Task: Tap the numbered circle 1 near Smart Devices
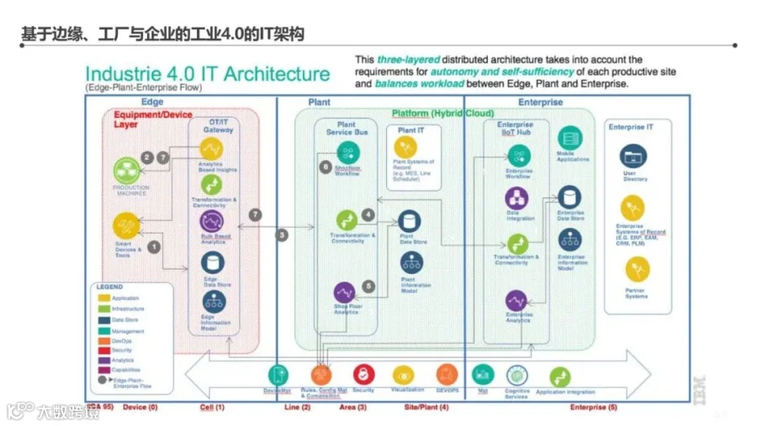[154, 246]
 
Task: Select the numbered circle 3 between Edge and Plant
[283, 234]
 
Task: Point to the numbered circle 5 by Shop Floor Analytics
[368, 286]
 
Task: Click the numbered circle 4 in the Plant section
[368, 216]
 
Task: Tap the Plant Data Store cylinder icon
[410, 222]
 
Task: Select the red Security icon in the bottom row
[363, 375]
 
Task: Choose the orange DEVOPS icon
[447, 375]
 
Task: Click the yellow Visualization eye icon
[404, 375]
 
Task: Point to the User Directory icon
[634, 156]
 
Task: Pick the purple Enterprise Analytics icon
[516, 300]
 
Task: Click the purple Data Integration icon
[517, 198]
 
